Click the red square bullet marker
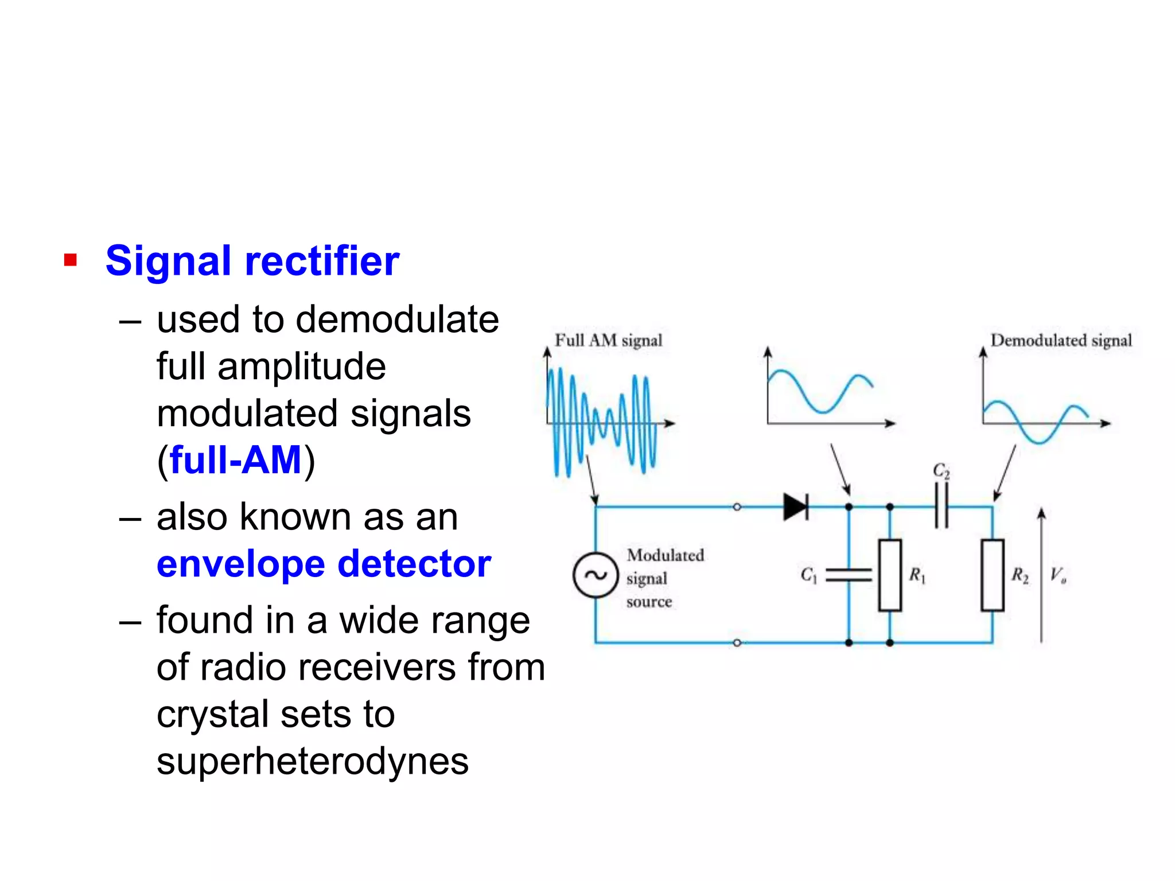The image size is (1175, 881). pyautogui.click(x=71, y=260)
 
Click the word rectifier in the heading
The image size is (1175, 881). pyautogui.click(x=322, y=261)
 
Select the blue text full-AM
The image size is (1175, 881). pyautogui.click(x=236, y=460)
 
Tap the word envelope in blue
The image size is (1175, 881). pyautogui.click(x=240, y=564)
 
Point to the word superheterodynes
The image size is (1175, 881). pyautogui.click(x=313, y=761)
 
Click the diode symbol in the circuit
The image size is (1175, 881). pyautogui.click(x=796, y=507)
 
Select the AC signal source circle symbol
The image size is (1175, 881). pyautogui.click(x=596, y=575)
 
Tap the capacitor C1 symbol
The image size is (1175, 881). pyautogui.click(x=848, y=575)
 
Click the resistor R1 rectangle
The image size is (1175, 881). pyautogui.click(x=890, y=575)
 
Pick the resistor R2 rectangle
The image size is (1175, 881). pyautogui.click(x=993, y=575)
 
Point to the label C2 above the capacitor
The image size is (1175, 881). pyautogui.click(x=941, y=471)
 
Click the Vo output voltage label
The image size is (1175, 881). pyautogui.click(x=1058, y=575)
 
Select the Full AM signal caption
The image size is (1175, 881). pyautogui.click(x=608, y=341)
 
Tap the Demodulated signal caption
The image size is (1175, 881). pyautogui.click(x=1061, y=341)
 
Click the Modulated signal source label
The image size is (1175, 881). pyautogui.click(x=664, y=578)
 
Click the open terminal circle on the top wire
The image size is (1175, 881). pyautogui.click(x=737, y=507)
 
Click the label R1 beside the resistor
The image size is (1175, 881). pyautogui.click(x=917, y=575)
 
